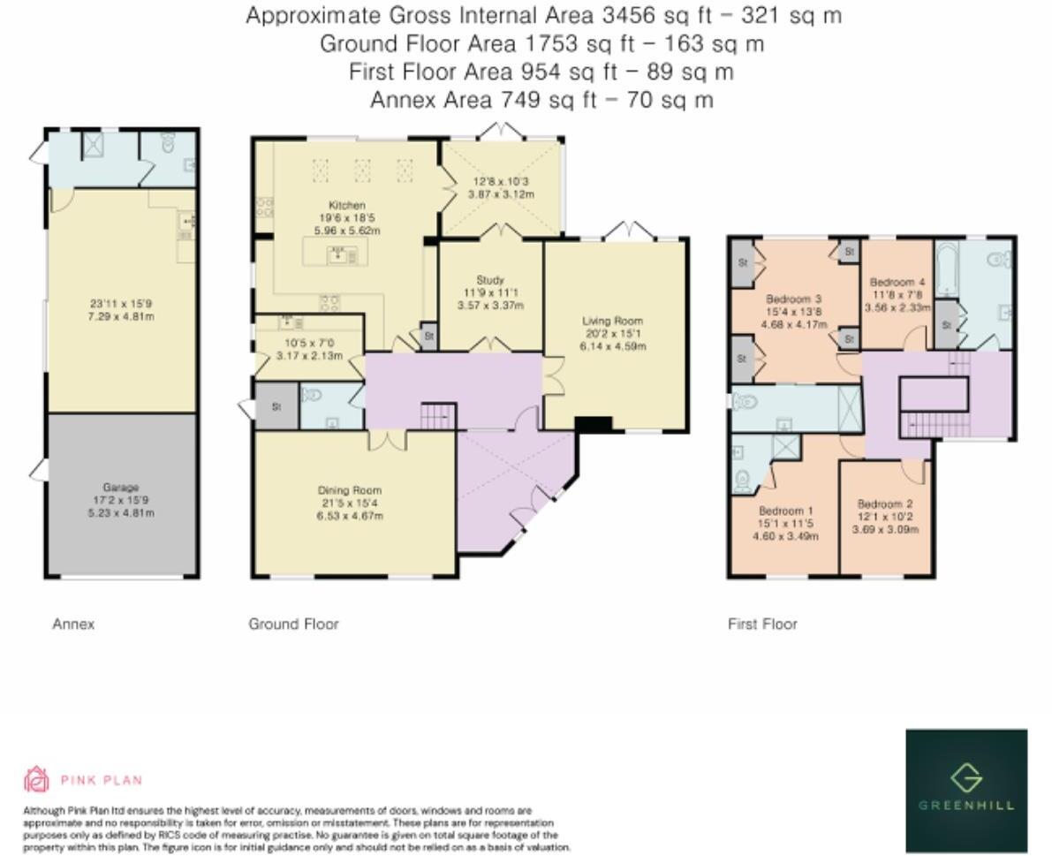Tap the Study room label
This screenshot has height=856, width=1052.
tap(489, 281)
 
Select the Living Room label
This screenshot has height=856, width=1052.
tap(612, 322)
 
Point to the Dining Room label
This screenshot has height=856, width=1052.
tap(350, 490)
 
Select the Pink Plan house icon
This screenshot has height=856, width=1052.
tap(35, 779)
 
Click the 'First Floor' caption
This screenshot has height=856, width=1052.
tap(762, 624)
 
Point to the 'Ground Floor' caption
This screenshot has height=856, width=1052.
tap(293, 624)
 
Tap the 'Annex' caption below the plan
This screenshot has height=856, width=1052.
tap(73, 624)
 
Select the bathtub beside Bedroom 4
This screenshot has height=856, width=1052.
tap(946, 269)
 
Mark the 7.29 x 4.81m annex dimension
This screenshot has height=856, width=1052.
tap(122, 315)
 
